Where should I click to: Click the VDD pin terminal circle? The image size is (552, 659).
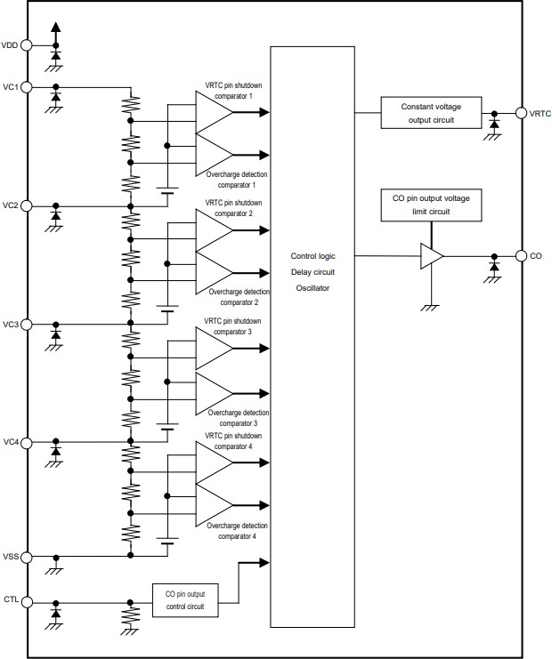(x=27, y=44)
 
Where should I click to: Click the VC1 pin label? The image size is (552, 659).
(x=11, y=86)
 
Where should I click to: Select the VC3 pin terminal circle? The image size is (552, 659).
(x=27, y=324)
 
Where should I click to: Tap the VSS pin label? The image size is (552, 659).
(x=11, y=557)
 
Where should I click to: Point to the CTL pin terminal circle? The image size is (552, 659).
(x=27, y=602)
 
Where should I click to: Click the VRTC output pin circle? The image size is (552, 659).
(x=521, y=113)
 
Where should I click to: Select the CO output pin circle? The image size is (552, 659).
(x=521, y=256)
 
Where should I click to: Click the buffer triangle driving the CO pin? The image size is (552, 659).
(x=432, y=256)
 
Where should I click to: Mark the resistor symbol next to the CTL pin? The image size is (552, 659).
(x=131, y=615)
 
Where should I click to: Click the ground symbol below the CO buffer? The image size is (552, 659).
(x=432, y=307)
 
